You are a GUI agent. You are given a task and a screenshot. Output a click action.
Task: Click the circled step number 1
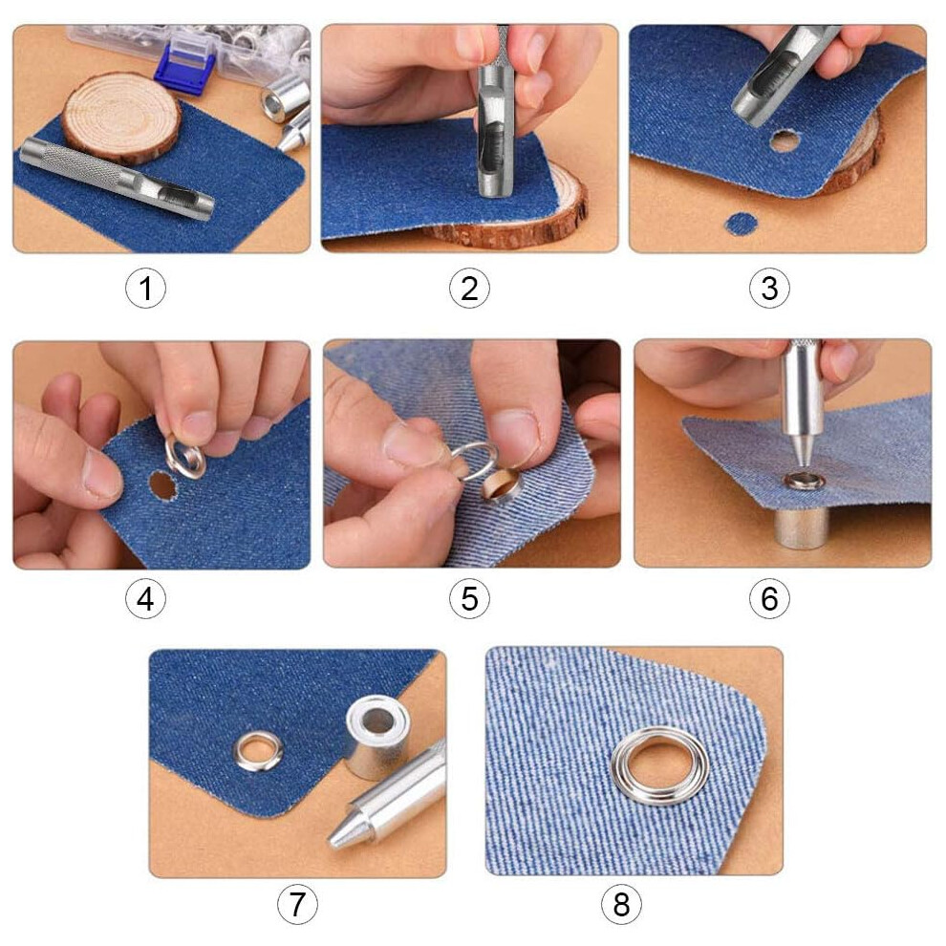pos(145,288)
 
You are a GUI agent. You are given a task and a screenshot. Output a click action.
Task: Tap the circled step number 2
pos(469,288)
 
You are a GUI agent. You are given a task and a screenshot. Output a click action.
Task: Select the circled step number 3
pos(769,288)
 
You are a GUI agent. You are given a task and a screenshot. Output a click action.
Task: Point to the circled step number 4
pos(145,598)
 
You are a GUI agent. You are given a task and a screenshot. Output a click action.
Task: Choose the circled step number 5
pos(469,598)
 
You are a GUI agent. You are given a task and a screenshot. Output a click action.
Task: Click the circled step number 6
pos(769,598)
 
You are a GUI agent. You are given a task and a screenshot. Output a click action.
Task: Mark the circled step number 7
pos(297,904)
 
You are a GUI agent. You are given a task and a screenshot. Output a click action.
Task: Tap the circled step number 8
pos(621,904)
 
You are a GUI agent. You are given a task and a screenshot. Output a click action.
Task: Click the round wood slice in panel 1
pos(120,118)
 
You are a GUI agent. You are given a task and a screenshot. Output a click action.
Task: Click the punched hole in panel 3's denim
pos(785,141)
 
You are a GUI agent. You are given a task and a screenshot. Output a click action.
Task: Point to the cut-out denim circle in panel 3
pos(741,224)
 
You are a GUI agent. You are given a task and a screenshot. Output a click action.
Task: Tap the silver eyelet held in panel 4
pos(185,458)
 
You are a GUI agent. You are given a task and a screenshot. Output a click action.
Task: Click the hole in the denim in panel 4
pos(161,485)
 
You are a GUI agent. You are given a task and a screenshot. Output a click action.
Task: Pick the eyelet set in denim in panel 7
pos(258,751)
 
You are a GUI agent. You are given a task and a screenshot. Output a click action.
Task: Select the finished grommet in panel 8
pos(660,765)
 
